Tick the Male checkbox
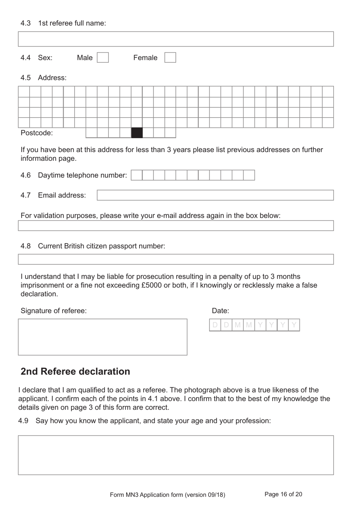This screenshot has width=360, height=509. [x=103, y=58]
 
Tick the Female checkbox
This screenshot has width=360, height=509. [x=170, y=58]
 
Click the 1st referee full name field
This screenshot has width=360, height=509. [x=176, y=39]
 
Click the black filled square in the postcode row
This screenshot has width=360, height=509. [x=137, y=133]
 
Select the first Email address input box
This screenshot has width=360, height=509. [x=215, y=195]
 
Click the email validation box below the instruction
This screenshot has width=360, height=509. [x=176, y=226]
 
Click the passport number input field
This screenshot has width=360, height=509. [x=176, y=259]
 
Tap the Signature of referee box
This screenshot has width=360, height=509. [x=103, y=337]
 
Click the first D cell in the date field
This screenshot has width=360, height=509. [x=215, y=325]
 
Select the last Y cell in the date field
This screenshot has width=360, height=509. [x=294, y=325]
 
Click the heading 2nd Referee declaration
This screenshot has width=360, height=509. [x=75, y=371]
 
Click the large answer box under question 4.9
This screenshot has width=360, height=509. [x=176, y=455]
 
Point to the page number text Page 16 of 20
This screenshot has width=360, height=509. [x=283, y=494]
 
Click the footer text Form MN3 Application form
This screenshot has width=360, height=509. [x=167, y=495]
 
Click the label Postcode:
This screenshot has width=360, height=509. [x=37, y=133]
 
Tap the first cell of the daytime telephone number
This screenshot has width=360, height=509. [x=137, y=175]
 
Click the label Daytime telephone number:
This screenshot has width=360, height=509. [x=82, y=175]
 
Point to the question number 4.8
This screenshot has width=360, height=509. [x=25, y=246]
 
